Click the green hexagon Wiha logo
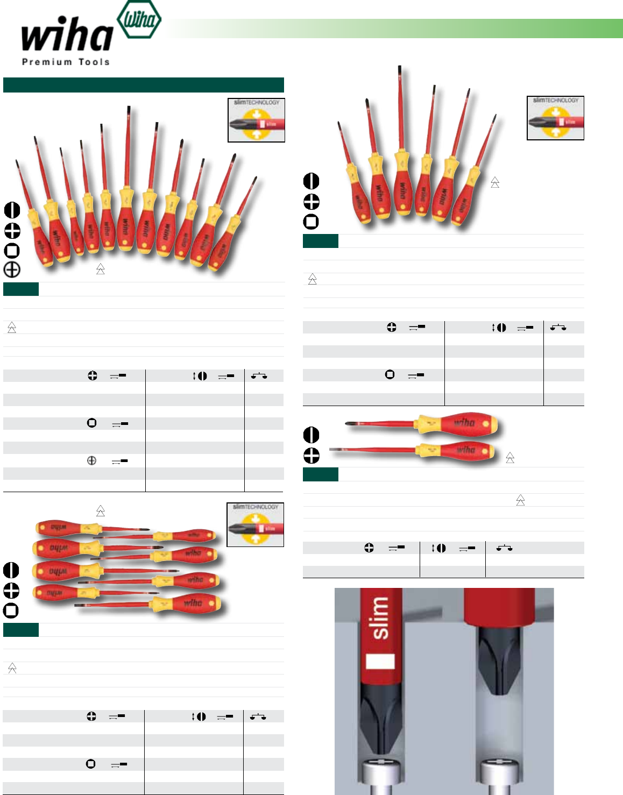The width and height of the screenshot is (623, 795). [x=139, y=20]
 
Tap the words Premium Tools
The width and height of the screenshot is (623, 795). [x=66, y=62]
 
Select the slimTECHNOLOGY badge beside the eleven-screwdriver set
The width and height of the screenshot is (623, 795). [x=256, y=120]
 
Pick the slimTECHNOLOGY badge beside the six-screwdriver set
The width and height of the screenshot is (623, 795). [x=555, y=118]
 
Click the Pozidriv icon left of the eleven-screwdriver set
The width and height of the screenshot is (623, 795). [x=12, y=269]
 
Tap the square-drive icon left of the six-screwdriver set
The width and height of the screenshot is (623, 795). [x=311, y=222]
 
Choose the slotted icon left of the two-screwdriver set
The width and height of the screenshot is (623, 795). [x=311, y=435]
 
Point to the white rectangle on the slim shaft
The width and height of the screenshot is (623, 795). [x=380, y=662]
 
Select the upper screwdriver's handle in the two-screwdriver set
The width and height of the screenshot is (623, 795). [x=462, y=424]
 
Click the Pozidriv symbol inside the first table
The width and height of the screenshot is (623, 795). [x=91, y=460]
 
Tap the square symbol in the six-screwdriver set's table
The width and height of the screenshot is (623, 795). [x=390, y=374]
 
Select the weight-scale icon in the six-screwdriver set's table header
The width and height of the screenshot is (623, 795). [x=558, y=327]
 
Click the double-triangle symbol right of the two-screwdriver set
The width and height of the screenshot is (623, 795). [x=510, y=458]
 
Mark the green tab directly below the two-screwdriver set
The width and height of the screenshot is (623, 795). [x=320, y=474]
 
